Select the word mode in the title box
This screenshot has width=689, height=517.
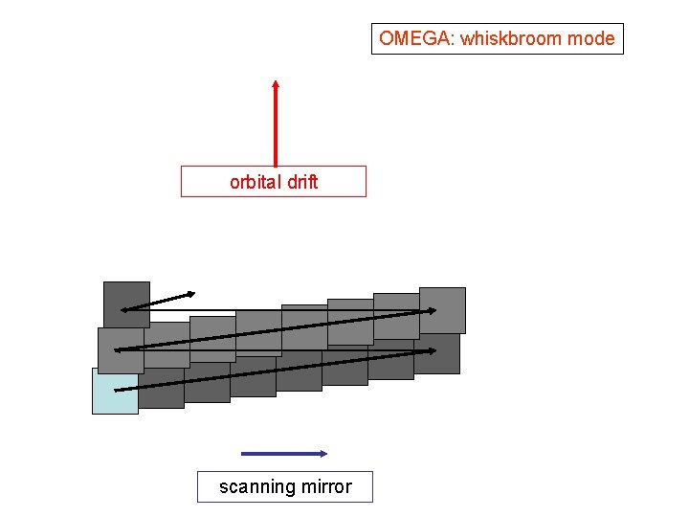(x=590, y=39)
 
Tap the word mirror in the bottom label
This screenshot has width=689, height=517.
(x=327, y=486)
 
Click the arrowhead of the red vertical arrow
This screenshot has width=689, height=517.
(x=276, y=86)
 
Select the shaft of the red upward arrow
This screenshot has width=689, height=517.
(x=276, y=129)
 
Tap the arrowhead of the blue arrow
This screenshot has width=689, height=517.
(x=323, y=454)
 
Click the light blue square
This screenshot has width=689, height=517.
(x=115, y=392)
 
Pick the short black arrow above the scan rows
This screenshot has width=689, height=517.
(x=158, y=300)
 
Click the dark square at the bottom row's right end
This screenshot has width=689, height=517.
(x=438, y=356)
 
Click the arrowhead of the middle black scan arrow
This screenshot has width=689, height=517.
(x=432, y=310)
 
